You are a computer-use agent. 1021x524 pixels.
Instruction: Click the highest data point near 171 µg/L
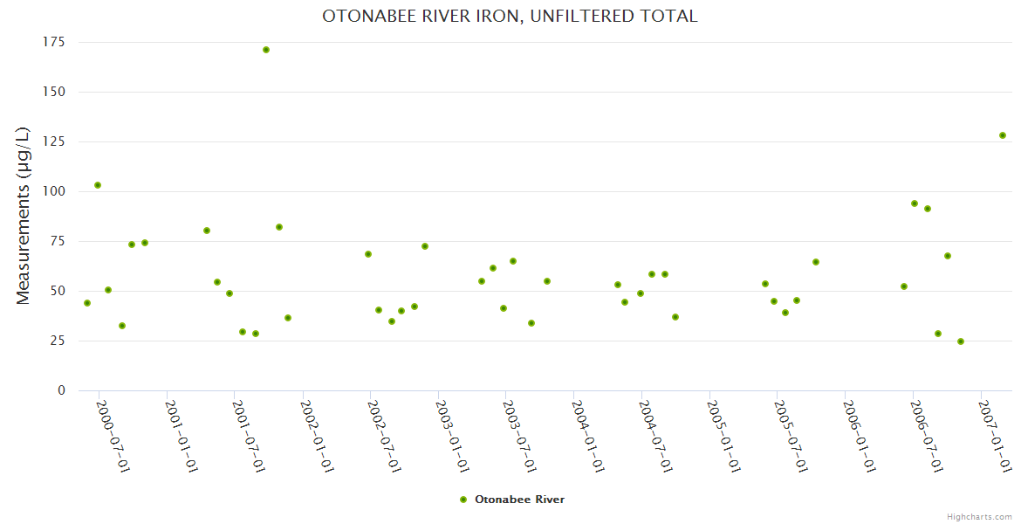click(266, 50)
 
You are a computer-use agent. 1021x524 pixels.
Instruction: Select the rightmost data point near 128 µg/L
click(1003, 135)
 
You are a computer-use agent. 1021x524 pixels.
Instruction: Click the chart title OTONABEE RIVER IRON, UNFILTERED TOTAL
click(510, 17)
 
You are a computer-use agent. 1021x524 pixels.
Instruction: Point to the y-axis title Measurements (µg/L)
click(24, 216)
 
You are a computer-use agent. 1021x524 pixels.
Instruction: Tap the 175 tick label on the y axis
click(53, 42)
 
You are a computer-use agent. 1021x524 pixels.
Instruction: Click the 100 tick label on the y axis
click(53, 191)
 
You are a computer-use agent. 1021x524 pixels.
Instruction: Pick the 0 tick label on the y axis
click(61, 390)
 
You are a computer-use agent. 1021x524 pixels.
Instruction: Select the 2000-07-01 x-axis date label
click(113, 437)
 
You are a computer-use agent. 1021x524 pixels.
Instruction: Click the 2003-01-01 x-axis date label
click(452, 437)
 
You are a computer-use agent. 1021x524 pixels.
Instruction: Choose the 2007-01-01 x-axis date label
click(995, 437)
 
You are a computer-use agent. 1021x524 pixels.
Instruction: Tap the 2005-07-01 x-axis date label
click(791, 437)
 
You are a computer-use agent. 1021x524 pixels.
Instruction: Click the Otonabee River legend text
click(519, 500)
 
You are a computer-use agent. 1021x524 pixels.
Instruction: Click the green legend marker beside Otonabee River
click(463, 500)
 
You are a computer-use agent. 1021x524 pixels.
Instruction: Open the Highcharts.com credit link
click(979, 516)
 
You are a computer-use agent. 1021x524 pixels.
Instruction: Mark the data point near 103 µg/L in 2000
click(98, 185)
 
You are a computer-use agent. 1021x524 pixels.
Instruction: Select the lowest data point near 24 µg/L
click(961, 341)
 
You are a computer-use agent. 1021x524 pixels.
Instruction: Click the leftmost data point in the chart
click(87, 303)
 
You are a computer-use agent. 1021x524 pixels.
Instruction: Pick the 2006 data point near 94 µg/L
click(915, 203)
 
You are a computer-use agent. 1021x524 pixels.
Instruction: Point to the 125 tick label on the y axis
click(53, 141)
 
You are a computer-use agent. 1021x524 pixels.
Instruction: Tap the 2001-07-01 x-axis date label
click(249, 437)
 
